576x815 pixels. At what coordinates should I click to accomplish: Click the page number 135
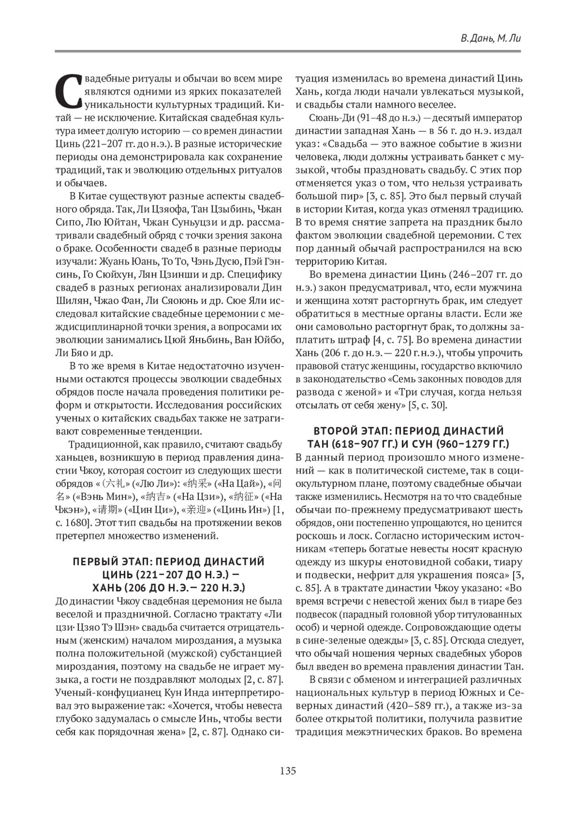(288, 771)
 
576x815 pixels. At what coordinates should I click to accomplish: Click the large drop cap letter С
(67, 91)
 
